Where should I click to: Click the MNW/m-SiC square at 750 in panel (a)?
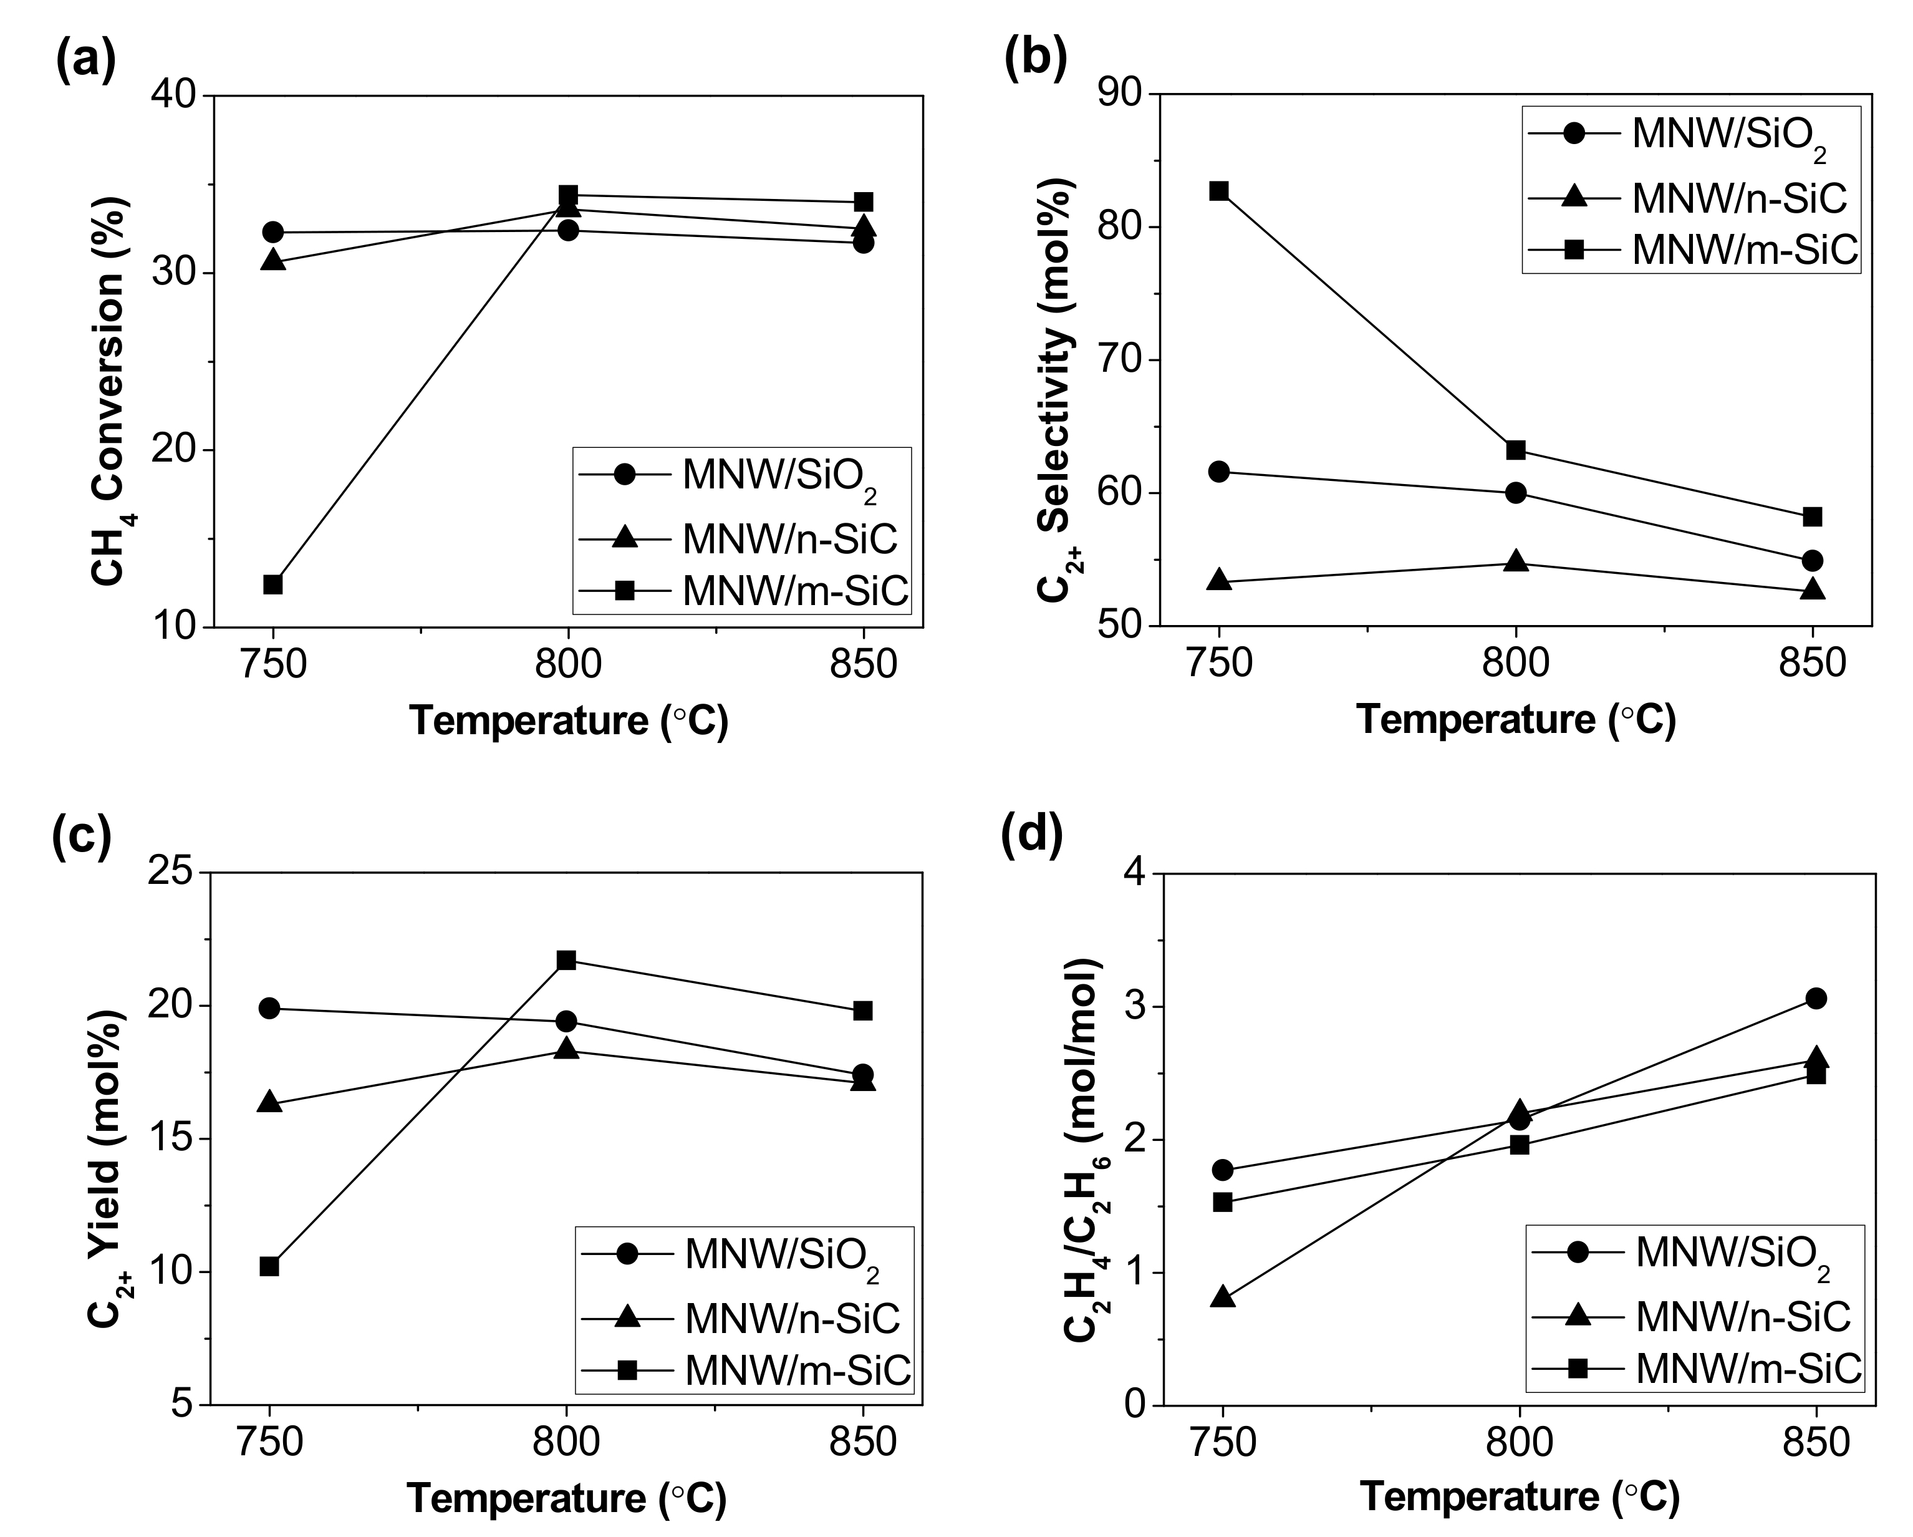272,584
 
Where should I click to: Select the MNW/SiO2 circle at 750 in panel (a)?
272,233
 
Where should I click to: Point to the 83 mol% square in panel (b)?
1219,191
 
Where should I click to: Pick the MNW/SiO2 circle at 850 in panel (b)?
1813,561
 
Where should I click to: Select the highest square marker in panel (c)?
566,960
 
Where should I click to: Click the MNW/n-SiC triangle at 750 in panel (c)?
270,1103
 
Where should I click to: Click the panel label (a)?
85,61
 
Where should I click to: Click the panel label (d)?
1032,838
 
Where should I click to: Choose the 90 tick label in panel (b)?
1120,94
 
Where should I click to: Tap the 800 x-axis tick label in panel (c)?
566,1442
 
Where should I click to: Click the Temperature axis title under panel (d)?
1519,1497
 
